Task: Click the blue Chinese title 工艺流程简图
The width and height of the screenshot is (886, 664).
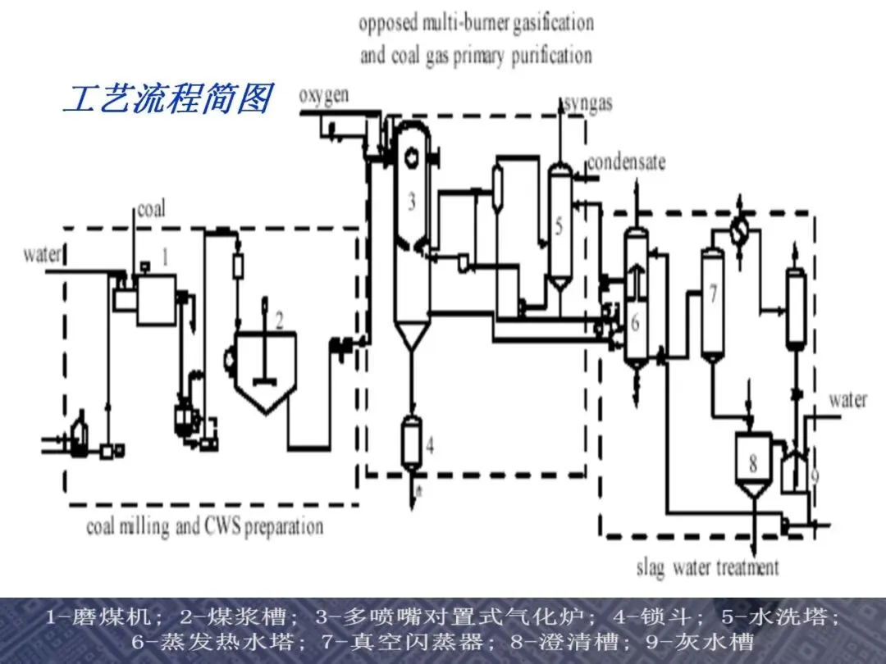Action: tap(168, 98)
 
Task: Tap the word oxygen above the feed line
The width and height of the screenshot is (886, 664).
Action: tap(323, 96)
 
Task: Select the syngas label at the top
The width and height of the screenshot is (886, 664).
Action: tap(588, 104)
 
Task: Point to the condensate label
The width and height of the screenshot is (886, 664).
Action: tap(626, 162)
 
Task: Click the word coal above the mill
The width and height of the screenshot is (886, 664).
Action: tap(152, 210)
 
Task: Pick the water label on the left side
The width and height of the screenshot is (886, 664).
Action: tap(42, 255)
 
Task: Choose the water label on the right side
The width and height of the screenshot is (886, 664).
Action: tap(847, 400)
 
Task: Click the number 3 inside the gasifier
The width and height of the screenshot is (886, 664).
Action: tap(412, 201)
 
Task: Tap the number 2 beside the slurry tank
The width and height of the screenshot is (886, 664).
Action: tap(279, 321)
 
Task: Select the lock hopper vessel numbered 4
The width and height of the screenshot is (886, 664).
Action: tap(411, 443)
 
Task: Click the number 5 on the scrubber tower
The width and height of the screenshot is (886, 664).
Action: tap(559, 226)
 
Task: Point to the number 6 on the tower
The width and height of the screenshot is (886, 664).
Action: tap(635, 322)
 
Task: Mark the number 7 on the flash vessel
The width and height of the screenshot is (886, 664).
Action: tap(713, 293)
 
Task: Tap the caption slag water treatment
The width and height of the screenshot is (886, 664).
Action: tap(707, 567)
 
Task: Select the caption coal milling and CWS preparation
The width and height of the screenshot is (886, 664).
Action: tap(205, 527)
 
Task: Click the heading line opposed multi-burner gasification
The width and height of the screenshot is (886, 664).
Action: tap(477, 24)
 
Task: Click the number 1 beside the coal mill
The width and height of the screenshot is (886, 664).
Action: tap(165, 257)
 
